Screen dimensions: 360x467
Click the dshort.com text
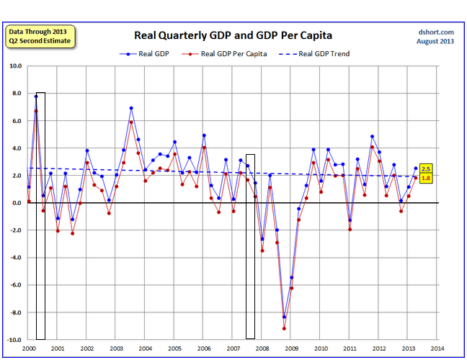[436, 32]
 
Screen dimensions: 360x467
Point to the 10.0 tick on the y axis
[16, 66]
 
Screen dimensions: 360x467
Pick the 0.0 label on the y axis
[17, 203]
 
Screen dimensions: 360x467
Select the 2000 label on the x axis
[28, 348]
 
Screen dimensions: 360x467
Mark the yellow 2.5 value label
[425, 168]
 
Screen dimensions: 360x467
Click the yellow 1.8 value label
[425, 178]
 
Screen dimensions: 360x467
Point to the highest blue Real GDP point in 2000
[36, 96]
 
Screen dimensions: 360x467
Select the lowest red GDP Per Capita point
[284, 328]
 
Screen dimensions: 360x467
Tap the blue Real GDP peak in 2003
[131, 108]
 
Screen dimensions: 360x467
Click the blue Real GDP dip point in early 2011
[350, 220]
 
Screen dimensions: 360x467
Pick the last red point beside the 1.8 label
[416, 178]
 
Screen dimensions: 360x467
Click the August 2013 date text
[435, 41]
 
